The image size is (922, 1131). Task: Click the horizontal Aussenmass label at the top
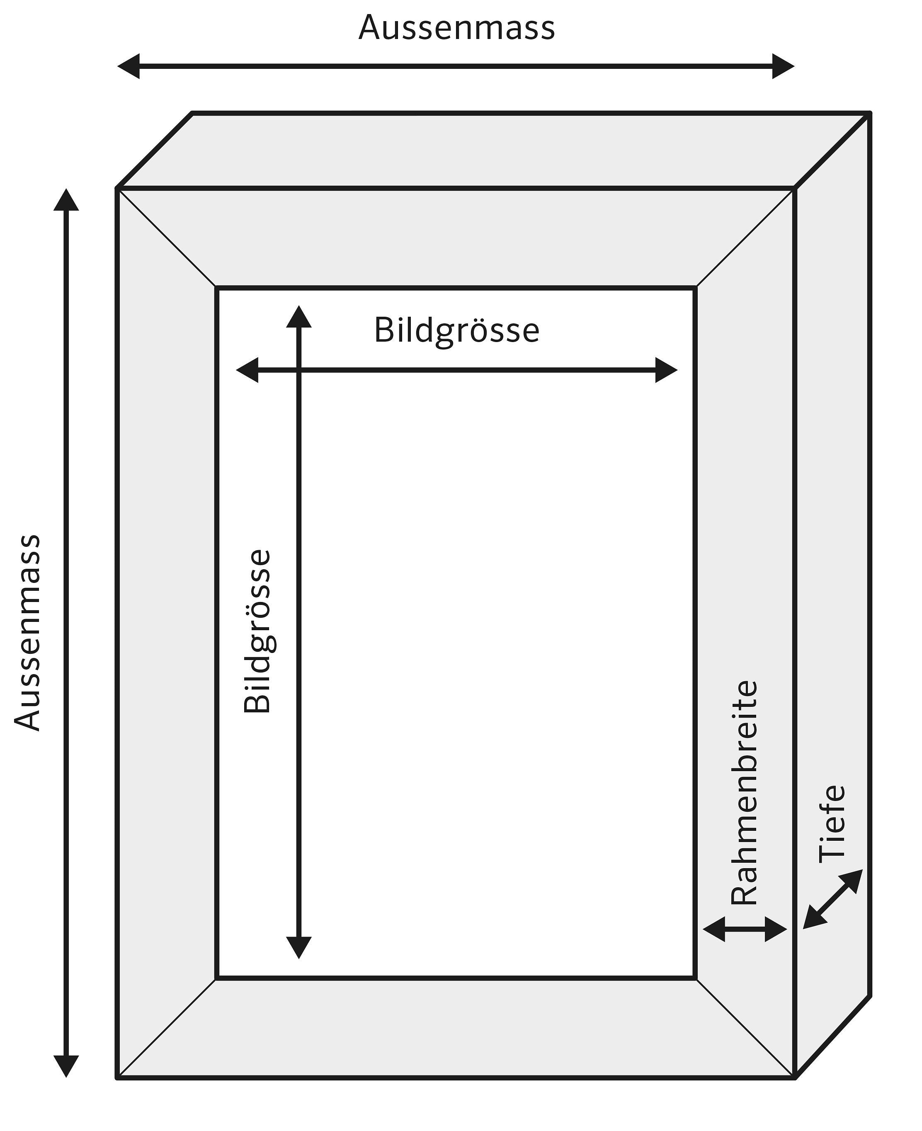[x=457, y=28]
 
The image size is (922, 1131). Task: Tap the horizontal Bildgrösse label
[x=457, y=331]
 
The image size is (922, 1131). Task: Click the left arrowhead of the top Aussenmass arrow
[x=129, y=66]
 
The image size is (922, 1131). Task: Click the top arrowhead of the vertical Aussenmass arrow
[x=66, y=200]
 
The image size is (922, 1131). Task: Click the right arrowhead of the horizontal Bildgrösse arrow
[x=666, y=370]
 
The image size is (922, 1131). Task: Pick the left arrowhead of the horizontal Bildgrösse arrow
[x=247, y=370]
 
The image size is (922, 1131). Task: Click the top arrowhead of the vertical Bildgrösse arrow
[x=299, y=317]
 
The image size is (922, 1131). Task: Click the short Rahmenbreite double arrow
[x=745, y=929]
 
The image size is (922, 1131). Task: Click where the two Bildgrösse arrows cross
[x=299, y=370]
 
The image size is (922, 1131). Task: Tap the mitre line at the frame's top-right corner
[x=745, y=238]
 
